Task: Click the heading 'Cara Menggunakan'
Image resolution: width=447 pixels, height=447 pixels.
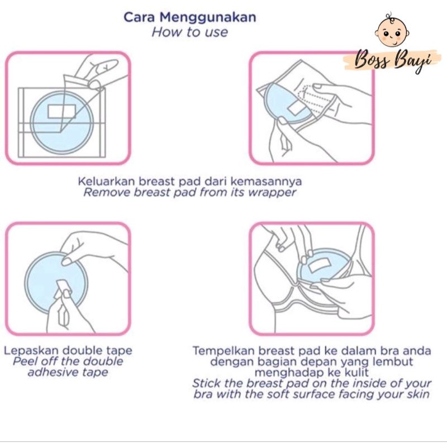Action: [x=190, y=18]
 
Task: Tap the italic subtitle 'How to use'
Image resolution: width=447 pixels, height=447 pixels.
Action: [x=190, y=32]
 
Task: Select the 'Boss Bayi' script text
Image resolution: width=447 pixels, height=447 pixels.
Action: [x=393, y=60]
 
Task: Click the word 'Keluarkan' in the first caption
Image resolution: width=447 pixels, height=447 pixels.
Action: [x=107, y=181]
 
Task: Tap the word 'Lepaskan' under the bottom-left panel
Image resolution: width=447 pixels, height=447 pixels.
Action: [x=31, y=351]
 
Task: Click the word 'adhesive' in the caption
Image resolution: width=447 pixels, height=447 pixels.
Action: [x=53, y=372]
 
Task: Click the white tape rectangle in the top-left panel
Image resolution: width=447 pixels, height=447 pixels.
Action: [x=61, y=111]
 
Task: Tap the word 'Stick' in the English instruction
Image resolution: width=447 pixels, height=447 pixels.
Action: [x=207, y=383]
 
